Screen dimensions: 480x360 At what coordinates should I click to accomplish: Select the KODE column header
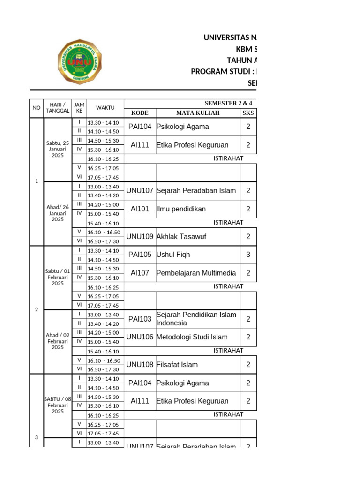[x=140, y=113]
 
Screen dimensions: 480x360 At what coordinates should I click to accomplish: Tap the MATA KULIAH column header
[x=198, y=113]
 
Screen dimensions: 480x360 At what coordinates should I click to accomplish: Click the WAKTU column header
[x=105, y=108]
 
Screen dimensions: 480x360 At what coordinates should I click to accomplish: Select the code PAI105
[x=140, y=255]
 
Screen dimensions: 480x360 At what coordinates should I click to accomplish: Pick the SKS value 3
[x=248, y=255]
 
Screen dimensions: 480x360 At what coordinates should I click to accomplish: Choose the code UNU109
[x=140, y=237]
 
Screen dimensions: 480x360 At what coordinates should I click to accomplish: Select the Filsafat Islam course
[x=177, y=365]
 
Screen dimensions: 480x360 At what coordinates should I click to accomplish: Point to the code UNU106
[x=140, y=337]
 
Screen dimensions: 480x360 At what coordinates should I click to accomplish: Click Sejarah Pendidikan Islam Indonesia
[x=196, y=319]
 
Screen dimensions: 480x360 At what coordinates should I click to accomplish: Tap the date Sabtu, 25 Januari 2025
[x=58, y=150]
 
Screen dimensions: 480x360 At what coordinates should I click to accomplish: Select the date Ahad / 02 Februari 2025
[x=58, y=341]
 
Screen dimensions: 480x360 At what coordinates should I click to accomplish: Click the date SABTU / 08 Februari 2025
[x=58, y=405]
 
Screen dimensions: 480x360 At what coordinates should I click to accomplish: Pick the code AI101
[x=140, y=209]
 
